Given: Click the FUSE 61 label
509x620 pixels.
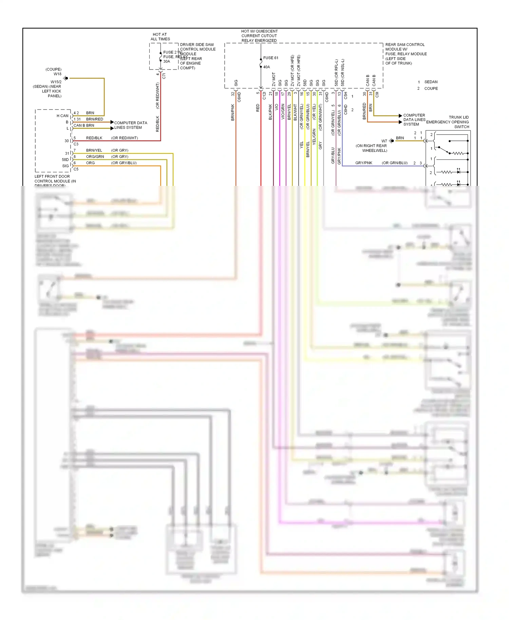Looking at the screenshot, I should (x=270, y=58).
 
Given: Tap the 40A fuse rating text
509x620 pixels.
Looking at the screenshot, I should (x=266, y=67).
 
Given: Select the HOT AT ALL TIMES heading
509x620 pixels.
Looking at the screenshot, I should (x=160, y=37).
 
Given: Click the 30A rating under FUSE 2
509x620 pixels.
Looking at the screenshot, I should (x=167, y=61).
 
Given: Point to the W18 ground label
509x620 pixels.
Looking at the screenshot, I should (x=57, y=74).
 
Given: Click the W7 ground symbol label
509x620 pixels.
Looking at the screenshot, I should (x=384, y=141).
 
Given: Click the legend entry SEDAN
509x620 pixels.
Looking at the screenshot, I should (x=431, y=82).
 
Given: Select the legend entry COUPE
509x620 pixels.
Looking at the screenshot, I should (x=431, y=89).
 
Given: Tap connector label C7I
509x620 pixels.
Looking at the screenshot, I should (x=164, y=76).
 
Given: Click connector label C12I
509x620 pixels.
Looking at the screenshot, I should (x=264, y=96).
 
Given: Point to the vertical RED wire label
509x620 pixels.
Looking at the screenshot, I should (x=258, y=108).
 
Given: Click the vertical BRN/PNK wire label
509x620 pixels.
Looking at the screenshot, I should (x=233, y=112).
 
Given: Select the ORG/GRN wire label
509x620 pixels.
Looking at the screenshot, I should (x=95, y=157).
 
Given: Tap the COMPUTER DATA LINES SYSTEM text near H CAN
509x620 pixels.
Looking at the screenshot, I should (x=130, y=125).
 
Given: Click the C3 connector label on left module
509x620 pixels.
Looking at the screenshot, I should (x=76, y=144).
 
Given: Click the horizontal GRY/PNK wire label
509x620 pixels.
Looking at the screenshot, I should (x=363, y=163).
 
